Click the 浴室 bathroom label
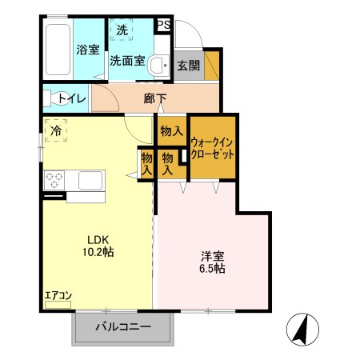pyautogui.click(x=87, y=50)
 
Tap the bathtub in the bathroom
pyautogui.click(x=58, y=50)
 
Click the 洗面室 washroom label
pyautogui.click(x=127, y=60)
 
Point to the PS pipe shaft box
pyautogui.click(x=162, y=25)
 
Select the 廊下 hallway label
pyautogui.click(x=155, y=99)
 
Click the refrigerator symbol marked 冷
pyautogui.click(x=56, y=130)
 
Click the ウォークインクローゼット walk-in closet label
pyautogui.click(x=212, y=148)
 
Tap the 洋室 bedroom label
pyautogui.click(x=212, y=256)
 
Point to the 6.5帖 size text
pyautogui.click(x=212, y=270)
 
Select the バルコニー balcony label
pyautogui.click(x=123, y=326)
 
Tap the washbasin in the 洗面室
pyautogui.click(x=160, y=63)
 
